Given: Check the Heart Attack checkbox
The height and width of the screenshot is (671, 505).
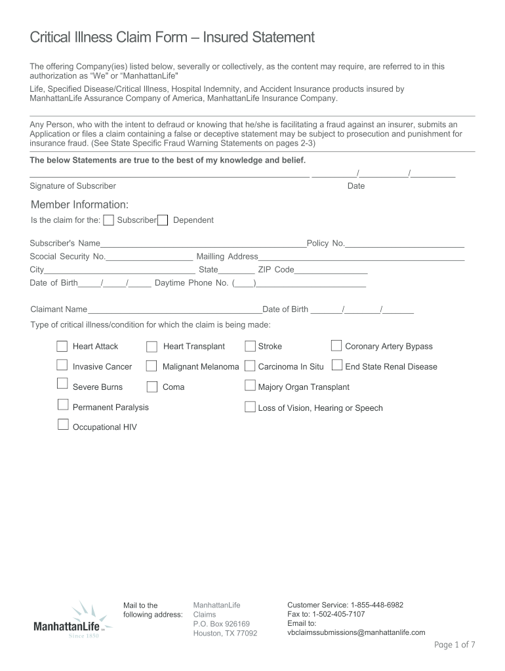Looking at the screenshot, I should pyautogui.click(x=62, y=346).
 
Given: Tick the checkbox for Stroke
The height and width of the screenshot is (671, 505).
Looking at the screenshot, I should pyautogui.click(x=250, y=346).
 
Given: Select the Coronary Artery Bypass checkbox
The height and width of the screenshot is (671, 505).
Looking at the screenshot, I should pyautogui.click(x=336, y=345).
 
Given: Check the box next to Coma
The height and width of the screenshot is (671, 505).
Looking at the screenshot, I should pyautogui.click(x=151, y=387).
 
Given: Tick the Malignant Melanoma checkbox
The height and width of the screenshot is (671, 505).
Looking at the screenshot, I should pyautogui.click(x=151, y=366).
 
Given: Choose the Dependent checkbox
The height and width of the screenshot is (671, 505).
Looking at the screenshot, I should pyautogui.click(x=163, y=220).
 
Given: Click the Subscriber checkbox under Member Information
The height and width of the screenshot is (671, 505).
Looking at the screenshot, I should pyautogui.click(x=109, y=220).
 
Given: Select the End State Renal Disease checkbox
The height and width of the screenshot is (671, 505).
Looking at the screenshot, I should pyautogui.click(x=337, y=365).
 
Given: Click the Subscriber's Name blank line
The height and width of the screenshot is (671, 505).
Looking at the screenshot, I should pyautogui.click(x=203, y=244).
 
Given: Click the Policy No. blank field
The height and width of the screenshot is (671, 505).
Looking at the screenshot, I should pyautogui.click(x=405, y=244).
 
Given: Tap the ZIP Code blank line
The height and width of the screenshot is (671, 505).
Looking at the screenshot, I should pyautogui.click(x=331, y=271).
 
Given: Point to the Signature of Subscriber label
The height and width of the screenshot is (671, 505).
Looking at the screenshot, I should pyautogui.click(x=73, y=186).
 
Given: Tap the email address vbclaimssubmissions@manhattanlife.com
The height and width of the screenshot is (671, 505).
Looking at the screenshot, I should pyautogui.click(x=356, y=632).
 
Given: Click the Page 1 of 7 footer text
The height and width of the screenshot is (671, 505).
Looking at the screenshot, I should pyautogui.click(x=455, y=645).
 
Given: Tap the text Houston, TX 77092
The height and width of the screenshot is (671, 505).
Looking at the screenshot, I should pyautogui.click(x=225, y=634).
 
